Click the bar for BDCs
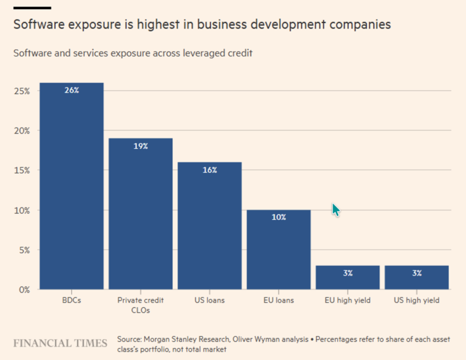72,188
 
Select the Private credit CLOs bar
141,216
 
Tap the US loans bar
210,228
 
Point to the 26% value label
72,90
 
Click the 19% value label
141,146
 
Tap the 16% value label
210,170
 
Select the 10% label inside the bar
279,217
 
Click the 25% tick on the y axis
22,90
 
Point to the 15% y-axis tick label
22,170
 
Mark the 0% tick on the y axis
24,290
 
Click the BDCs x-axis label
72,301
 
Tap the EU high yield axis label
348,301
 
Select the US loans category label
210,301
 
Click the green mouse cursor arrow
336,210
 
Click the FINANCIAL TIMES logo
60,343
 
